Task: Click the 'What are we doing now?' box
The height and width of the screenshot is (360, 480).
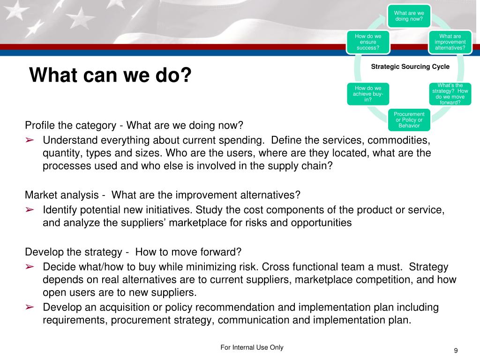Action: pos(409,16)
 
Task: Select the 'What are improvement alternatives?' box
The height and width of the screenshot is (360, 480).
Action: pos(450,42)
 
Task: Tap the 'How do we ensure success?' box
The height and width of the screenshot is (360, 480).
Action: pos(368,42)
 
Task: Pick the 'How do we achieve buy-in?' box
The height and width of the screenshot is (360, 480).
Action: pos(368,94)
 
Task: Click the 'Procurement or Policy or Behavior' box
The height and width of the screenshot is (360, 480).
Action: pos(409,120)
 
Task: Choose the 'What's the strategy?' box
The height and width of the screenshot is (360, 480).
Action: pos(450,94)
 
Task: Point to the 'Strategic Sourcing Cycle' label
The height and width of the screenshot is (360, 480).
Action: pos(410,67)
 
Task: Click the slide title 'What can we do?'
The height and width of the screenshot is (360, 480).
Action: pos(111,75)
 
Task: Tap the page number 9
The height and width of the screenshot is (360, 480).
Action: pos(456,351)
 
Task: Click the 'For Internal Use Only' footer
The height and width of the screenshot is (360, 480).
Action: pos(252,347)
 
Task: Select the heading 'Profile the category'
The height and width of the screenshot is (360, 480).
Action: pos(70,126)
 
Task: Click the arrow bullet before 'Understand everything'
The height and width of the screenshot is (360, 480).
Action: pos(30,140)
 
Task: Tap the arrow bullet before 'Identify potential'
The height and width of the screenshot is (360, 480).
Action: pos(30,210)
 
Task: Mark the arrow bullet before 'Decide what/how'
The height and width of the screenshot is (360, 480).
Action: pos(30,267)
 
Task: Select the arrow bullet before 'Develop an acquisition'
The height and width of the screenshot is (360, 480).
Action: pos(30,307)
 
